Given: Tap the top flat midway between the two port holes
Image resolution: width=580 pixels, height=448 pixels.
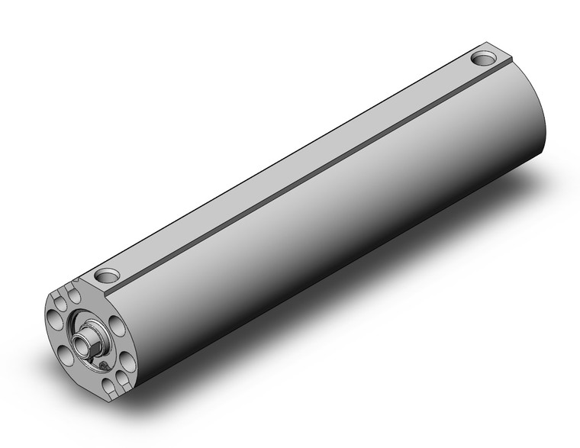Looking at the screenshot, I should tap(298, 164).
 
